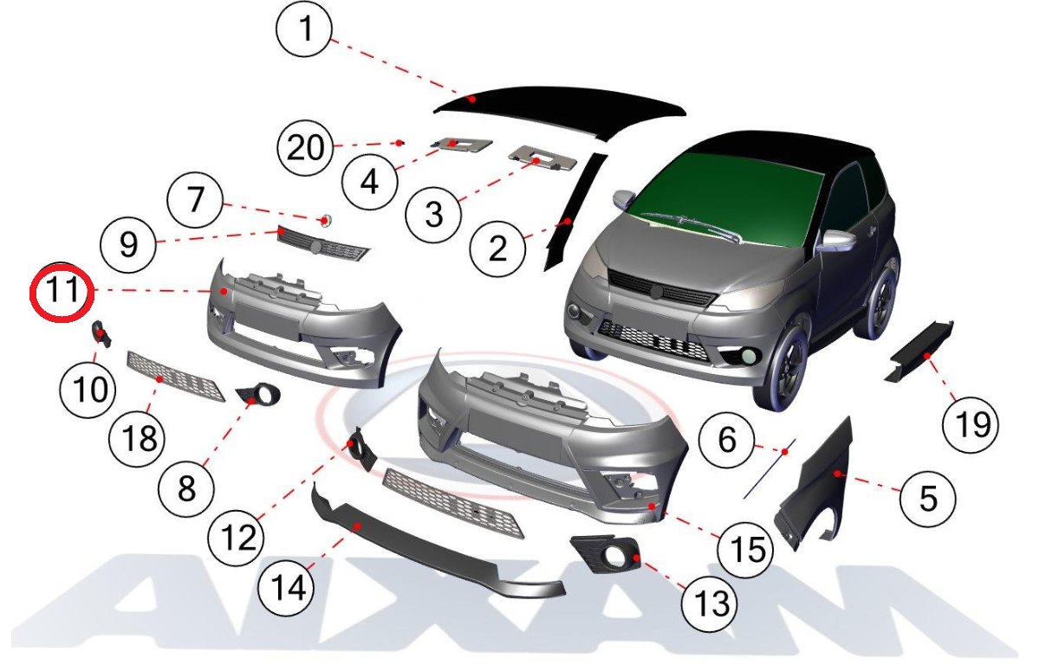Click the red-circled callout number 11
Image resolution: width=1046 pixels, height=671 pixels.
coord(62,292)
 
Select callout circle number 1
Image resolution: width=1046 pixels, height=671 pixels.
coord(304,29)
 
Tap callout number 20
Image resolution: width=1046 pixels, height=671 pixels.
coord(305,147)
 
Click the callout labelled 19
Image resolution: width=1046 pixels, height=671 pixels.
coord(971,424)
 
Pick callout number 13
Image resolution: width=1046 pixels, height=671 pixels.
coord(709,603)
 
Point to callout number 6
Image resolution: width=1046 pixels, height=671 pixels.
coord(726,440)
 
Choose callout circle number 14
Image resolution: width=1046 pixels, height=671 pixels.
coord(286,588)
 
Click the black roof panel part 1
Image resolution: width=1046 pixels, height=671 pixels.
coord(561,110)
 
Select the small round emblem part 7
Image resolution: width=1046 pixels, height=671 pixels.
coord(326,220)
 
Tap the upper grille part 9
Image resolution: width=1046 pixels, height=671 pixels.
coord(322,244)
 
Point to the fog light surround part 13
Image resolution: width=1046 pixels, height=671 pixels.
coord(606,554)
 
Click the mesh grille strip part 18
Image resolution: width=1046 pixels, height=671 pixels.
coord(176,377)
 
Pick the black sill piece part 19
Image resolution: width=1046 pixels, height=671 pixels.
coord(918,351)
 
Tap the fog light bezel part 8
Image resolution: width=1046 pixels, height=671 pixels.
coord(259,395)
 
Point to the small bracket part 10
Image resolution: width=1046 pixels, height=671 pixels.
coord(101,334)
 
